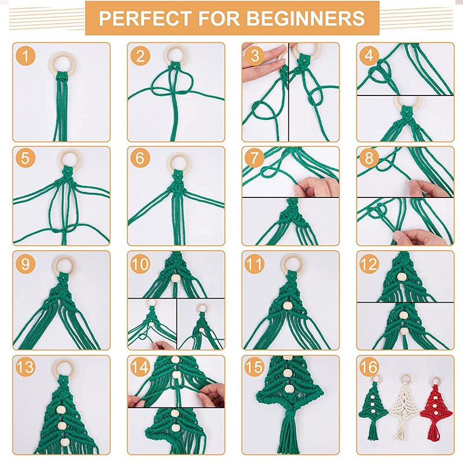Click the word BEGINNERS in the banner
click(x=306, y=18)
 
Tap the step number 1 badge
click(x=25, y=56)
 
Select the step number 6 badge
click(x=140, y=157)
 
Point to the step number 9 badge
click(x=25, y=264)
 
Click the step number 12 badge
click(x=369, y=264)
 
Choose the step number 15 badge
click(x=255, y=367)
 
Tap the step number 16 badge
click(x=369, y=367)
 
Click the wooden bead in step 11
click(x=286, y=305)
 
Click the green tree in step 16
click(x=373, y=409)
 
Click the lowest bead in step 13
click(x=65, y=442)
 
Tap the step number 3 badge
click(x=255, y=56)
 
